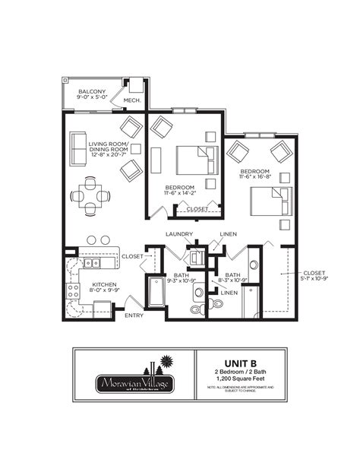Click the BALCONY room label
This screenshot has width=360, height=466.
(x=91, y=91)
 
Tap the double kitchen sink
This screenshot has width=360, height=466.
(x=92, y=262)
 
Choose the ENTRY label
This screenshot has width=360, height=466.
(x=134, y=315)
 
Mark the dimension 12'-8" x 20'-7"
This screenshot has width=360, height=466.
(x=109, y=154)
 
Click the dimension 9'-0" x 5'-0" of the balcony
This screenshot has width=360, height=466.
(x=91, y=99)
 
